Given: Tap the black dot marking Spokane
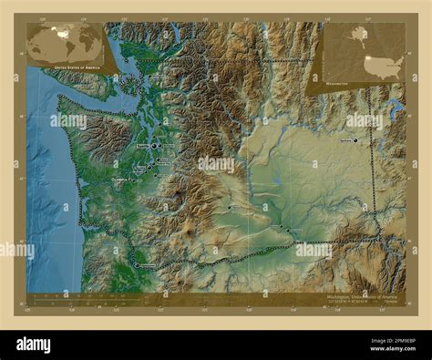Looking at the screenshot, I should [355, 140].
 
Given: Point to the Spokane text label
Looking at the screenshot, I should [345, 140].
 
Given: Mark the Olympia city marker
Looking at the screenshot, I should [136, 180].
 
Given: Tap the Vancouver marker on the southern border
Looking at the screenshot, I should [137, 265].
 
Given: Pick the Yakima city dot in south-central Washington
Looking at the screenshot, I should [229, 209].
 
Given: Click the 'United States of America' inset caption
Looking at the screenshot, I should [75, 67].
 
